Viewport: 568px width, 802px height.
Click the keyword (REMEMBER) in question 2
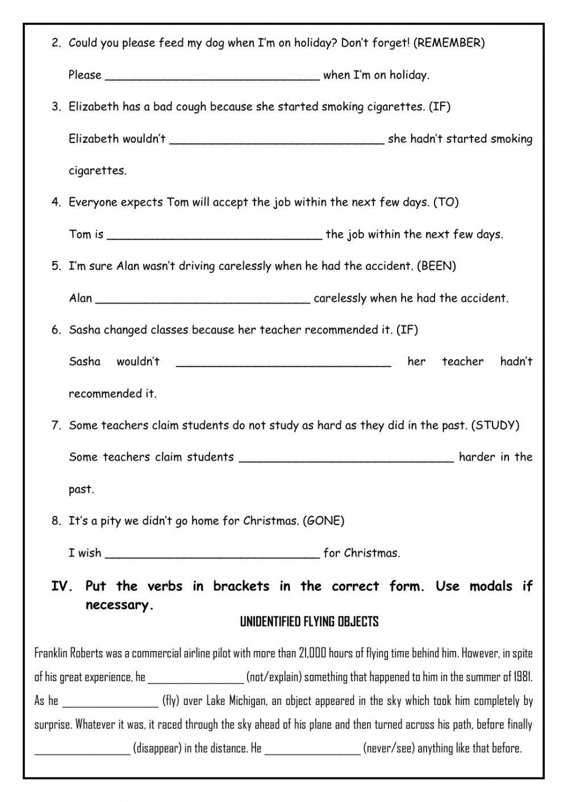pyautogui.click(x=449, y=43)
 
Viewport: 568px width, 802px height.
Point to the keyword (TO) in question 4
pyautogui.click(x=445, y=203)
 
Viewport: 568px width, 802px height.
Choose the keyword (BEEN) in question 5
pyautogui.click(x=436, y=266)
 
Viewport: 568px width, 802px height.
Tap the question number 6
pyautogui.click(x=56, y=330)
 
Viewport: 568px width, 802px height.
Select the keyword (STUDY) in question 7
pyautogui.click(x=495, y=426)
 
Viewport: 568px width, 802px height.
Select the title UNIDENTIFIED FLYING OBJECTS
pyautogui.click(x=309, y=622)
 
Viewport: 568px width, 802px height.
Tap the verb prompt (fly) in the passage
pyautogui.click(x=170, y=701)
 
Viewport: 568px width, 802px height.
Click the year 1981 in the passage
pyautogui.click(x=523, y=677)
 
